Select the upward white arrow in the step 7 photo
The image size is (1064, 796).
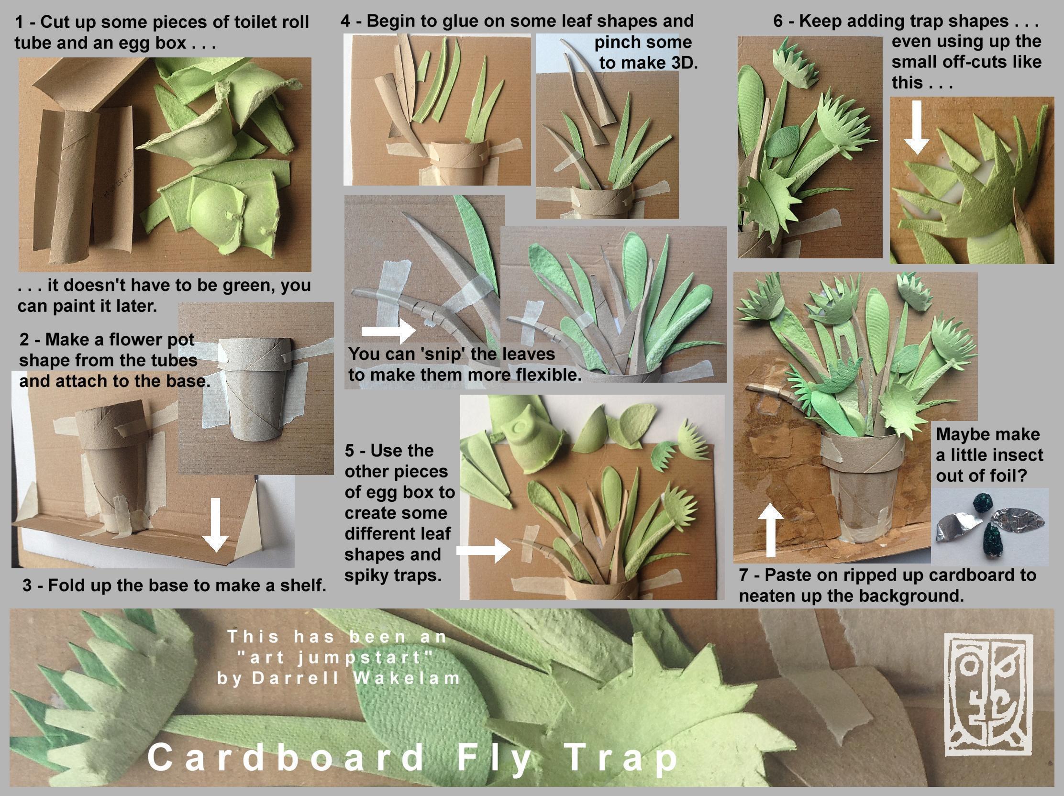tap(771, 530)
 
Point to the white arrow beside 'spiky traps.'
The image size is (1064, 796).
tap(483, 549)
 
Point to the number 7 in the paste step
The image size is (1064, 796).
tap(744, 575)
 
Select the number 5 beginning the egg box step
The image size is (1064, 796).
tap(350, 451)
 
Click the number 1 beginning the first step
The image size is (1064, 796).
tap(20, 22)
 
